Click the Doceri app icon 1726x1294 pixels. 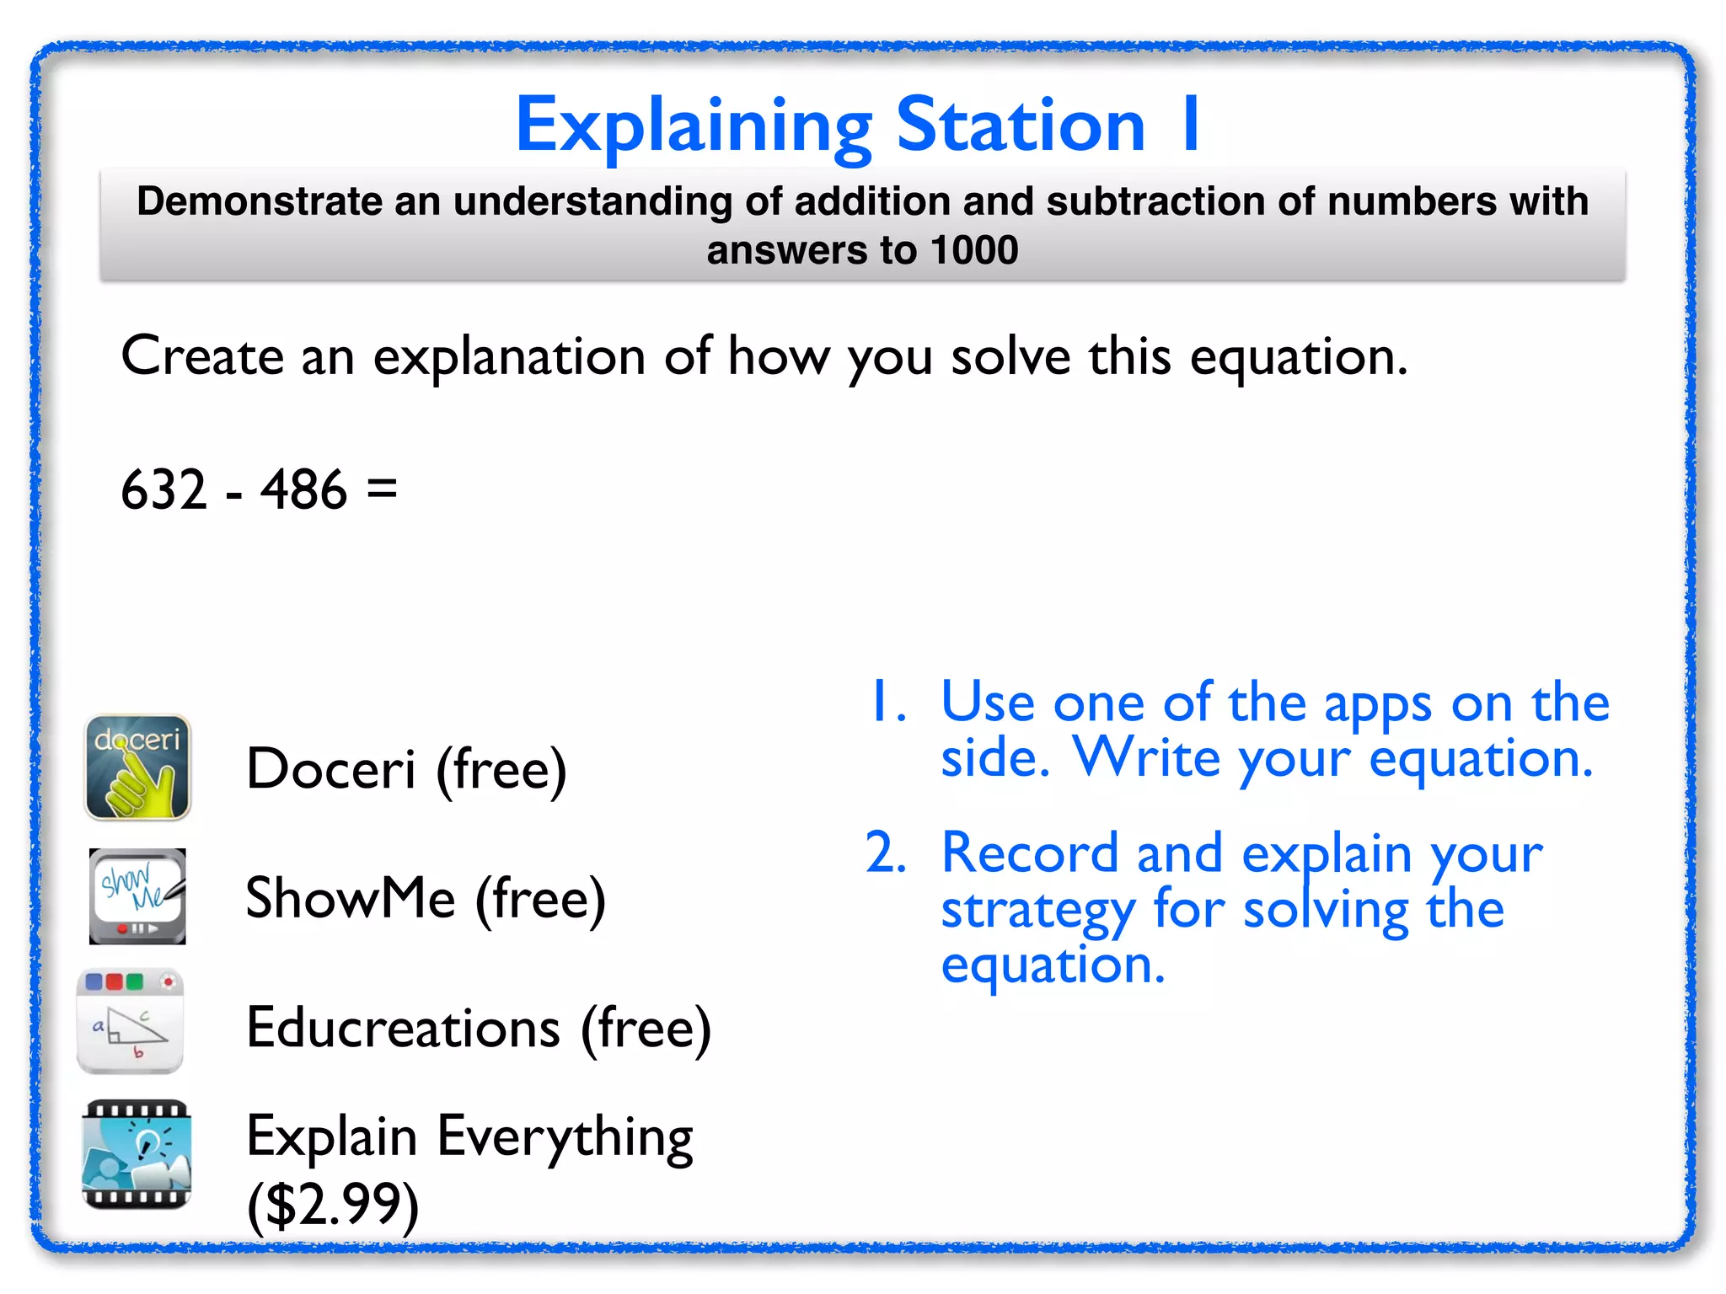click(138, 767)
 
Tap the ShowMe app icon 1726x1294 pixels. click(137, 896)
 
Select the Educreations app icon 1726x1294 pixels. click(131, 1021)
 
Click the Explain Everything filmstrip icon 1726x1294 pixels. click(137, 1154)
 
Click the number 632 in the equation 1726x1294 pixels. click(163, 489)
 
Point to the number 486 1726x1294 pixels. click(303, 489)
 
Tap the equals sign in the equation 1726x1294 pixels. click(382, 489)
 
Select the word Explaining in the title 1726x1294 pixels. click(694, 126)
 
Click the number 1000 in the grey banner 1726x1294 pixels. click(974, 250)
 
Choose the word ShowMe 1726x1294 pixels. click(351, 898)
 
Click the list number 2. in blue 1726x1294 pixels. click(886, 853)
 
